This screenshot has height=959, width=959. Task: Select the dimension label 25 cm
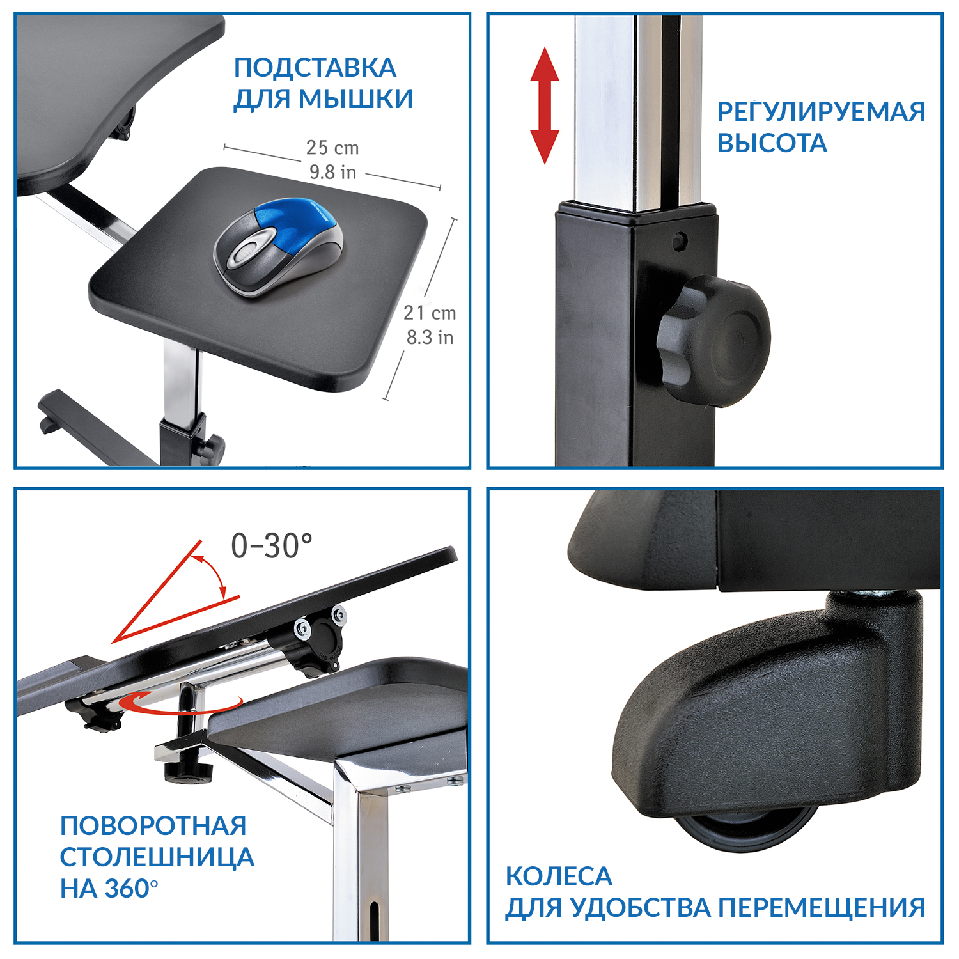(332, 148)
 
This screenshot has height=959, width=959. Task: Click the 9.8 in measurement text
(332, 172)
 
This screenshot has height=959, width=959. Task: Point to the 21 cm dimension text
(430, 313)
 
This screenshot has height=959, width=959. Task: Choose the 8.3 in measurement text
(430, 337)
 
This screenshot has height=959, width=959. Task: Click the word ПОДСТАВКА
(315, 68)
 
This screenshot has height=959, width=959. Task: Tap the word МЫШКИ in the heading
(356, 98)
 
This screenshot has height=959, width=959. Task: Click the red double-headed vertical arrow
(545, 105)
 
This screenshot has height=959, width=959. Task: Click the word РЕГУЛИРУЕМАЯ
(821, 112)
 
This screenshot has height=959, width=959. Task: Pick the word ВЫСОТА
(772, 143)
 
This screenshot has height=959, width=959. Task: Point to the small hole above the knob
(680, 241)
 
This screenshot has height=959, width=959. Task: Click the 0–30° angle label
(272, 546)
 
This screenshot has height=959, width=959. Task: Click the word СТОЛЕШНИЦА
(157, 857)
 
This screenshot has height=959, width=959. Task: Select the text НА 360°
(109, 889)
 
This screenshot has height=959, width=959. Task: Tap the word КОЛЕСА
(559, 877)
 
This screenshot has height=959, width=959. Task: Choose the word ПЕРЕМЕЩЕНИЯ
(822, 908)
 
